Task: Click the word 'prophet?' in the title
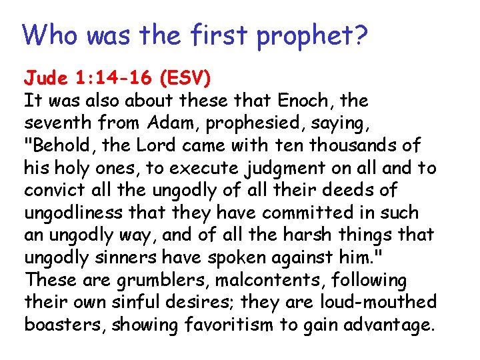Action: click(x=311, y=36)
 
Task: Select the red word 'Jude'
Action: click(x=46, y=79)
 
